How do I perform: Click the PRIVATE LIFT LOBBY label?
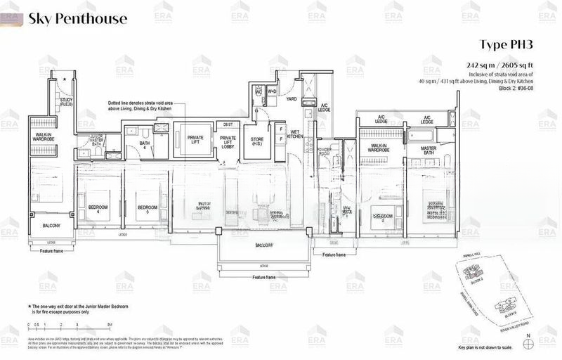click(228, 142)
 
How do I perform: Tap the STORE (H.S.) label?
click(257, 142)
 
